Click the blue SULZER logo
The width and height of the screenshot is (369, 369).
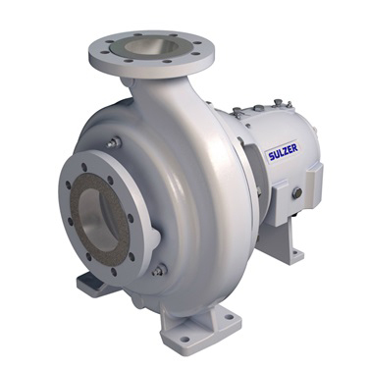coord(283,152)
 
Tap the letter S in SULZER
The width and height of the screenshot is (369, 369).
coord(271,157)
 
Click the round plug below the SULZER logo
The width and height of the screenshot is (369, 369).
coord(297,193)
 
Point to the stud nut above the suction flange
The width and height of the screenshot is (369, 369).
coord(114,142)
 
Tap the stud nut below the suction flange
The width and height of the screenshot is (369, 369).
coord(160,270)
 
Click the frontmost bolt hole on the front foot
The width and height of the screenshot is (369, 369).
coord(184,339)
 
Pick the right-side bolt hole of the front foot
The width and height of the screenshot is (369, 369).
coord(229,317)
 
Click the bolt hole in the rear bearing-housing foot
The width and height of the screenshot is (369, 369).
coord(296,252)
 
